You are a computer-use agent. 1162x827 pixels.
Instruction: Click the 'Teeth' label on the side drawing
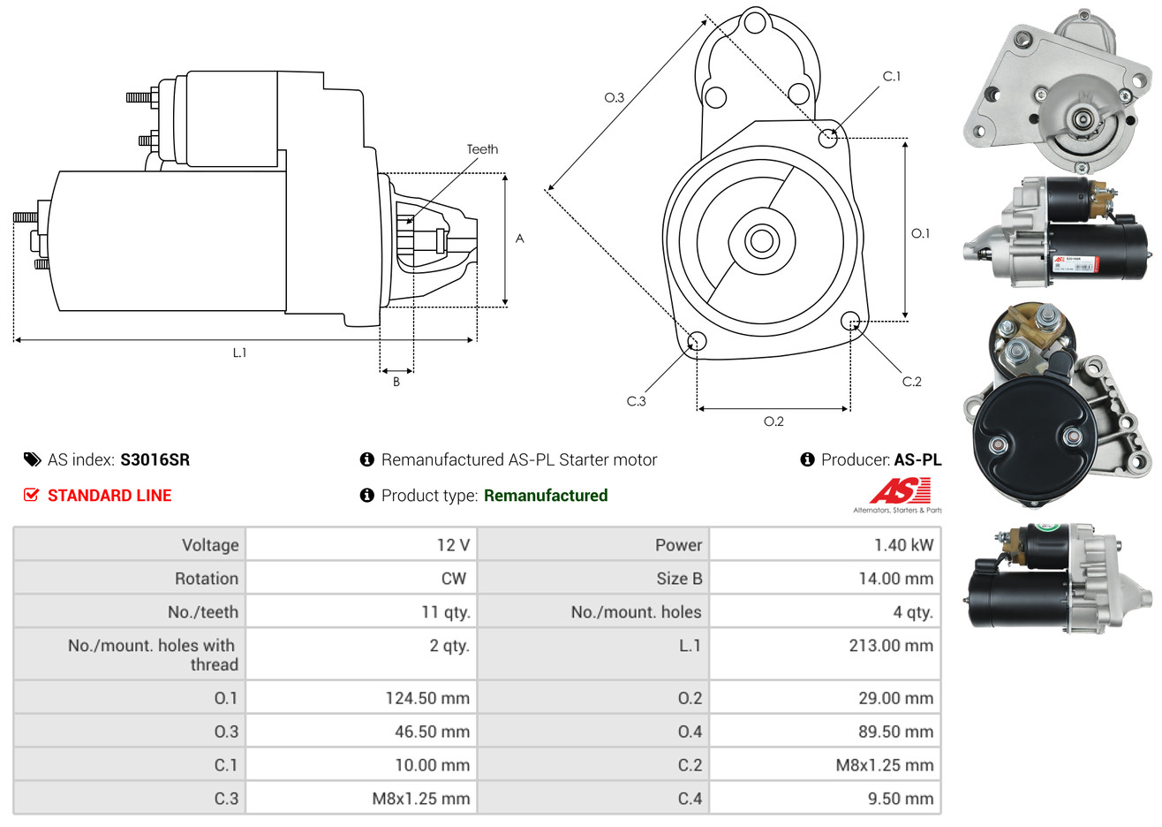click(482, 149)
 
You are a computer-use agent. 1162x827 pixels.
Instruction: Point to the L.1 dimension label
click(239, 353)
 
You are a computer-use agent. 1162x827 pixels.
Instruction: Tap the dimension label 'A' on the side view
click(519, 239)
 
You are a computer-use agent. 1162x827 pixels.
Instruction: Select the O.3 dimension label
click(614, 97)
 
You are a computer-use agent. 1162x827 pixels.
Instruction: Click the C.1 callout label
click(892, 77)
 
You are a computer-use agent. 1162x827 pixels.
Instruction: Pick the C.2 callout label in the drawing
click(911, 382)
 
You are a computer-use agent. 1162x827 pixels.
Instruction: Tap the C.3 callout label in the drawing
click(636, 401)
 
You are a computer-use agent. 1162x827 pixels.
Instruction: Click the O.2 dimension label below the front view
click(773, 421)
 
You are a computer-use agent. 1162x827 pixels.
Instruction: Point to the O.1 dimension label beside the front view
click(920, 233)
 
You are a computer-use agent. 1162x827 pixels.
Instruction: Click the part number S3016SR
click(155, 459)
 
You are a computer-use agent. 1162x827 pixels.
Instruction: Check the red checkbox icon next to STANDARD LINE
click(32, 495)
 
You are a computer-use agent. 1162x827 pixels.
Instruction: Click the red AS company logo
click(900, 491)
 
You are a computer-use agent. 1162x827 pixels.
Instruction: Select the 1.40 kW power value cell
click(903, 545)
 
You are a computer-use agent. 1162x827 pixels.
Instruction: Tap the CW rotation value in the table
click(453, 579)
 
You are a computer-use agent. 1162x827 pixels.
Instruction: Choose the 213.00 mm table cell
click(891, 646)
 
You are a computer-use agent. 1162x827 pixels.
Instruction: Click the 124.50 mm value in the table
click(427, 698)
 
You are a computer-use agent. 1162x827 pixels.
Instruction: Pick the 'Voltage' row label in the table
click(210, 545)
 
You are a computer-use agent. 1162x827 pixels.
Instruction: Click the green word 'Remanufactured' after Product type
click(546, 496)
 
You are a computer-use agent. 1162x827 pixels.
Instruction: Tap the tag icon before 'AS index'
click(33, 459)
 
